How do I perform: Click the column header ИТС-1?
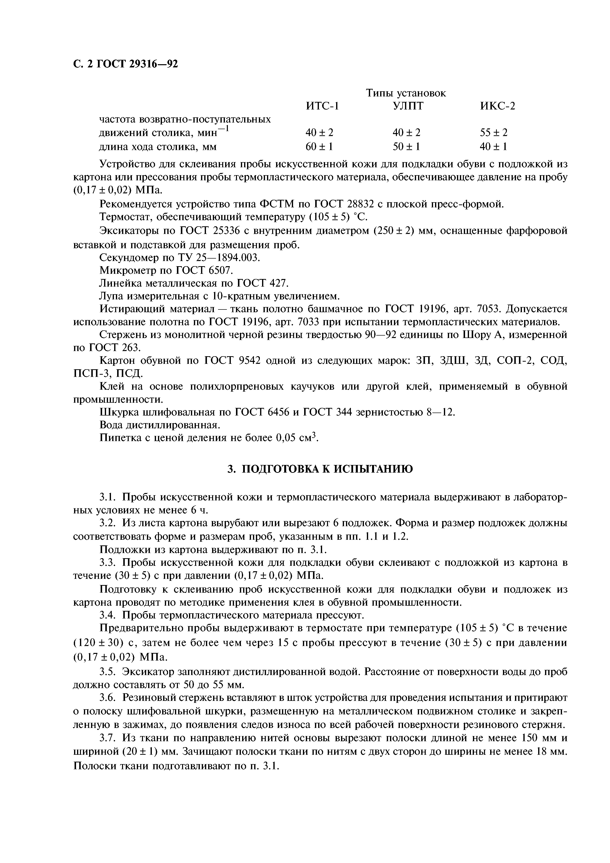[x=322, y=106]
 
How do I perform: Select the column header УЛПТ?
[x=408, y=106]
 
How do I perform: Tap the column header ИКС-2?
[x=497, y=106]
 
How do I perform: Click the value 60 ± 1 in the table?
[x=319, y=147]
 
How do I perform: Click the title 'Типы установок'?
[x=406, y=93]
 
